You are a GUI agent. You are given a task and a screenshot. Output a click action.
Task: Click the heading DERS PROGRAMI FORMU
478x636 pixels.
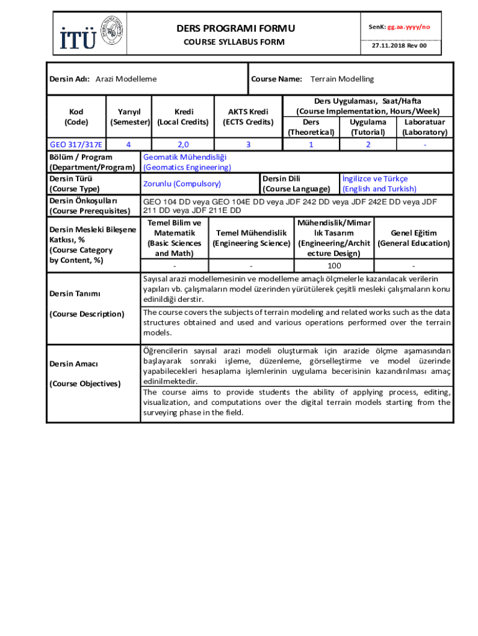(x=227, y=29)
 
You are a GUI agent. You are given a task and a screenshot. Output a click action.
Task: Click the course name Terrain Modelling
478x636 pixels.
(x=342, y=79)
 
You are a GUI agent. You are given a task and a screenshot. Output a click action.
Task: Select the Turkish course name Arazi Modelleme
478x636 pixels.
(x=126, y=79)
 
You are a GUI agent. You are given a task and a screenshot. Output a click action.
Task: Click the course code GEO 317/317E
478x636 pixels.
(x=76, y=145)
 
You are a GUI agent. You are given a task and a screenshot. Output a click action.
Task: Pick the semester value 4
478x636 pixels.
(x=128, y=145)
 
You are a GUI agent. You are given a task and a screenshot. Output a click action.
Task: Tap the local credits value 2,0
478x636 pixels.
(x=183, y=145)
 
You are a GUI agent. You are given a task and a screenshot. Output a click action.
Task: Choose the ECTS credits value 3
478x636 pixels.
(x=248, y=145)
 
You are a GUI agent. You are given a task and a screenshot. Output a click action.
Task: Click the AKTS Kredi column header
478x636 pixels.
(x=248, y=117)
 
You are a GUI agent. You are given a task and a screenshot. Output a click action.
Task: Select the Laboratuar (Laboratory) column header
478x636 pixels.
(x=425, y=127)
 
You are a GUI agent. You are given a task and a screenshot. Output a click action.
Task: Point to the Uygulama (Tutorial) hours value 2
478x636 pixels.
(x=368, y=145)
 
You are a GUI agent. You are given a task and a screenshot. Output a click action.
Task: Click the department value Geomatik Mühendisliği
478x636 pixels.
(x=185, y=157)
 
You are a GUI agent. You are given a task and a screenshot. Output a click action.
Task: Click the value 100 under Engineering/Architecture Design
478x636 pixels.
(x=334, y=266)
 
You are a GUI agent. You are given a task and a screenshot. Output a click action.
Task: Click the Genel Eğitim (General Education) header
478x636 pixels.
(x=413, y=238)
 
